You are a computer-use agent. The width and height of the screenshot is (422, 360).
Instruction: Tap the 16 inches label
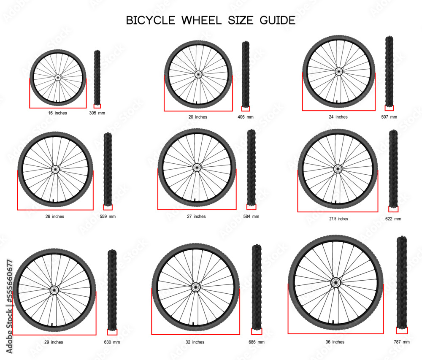point(58,113)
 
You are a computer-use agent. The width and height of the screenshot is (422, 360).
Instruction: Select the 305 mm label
point(97,113)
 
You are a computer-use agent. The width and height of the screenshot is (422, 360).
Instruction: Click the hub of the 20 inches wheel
point(198,75)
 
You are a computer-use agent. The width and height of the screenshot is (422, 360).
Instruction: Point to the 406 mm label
point(246,117)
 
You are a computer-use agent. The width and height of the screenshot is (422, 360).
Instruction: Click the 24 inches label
point(338,117)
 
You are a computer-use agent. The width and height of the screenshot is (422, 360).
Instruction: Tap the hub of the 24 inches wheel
point(338,72)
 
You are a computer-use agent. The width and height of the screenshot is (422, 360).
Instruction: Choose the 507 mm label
point(389,117)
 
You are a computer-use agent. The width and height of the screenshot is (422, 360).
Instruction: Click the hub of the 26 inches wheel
point(55,169)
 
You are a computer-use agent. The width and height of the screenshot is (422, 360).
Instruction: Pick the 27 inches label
point(197,217)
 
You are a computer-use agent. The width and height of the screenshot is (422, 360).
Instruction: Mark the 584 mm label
point(252,217)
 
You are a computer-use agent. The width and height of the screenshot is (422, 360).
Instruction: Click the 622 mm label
point(393,219)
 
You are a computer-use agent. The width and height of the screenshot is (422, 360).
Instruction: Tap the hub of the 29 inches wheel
point(54,290)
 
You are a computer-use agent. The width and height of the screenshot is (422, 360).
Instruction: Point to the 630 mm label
point(112,342)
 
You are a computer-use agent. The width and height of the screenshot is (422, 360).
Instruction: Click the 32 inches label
point(195,342)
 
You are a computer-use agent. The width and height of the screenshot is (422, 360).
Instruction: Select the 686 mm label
point(257,342)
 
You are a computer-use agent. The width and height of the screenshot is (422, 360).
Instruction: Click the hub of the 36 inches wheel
point(335,282)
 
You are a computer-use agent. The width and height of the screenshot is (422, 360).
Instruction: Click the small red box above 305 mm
point(97,106)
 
